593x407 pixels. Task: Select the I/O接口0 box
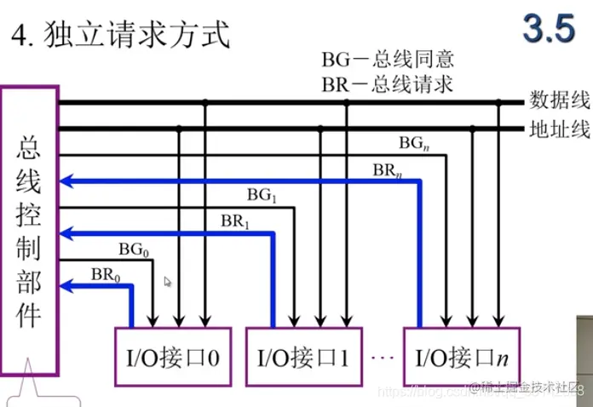point(168,356)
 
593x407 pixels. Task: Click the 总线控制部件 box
point(30,231)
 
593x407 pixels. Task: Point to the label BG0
point(135,249)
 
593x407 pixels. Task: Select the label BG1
point(262,195)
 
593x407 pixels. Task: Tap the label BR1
point(236,221)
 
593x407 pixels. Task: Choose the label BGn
point(413,143)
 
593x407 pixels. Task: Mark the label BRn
point(388,169)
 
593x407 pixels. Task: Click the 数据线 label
point(560,100)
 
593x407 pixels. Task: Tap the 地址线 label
point(560,129)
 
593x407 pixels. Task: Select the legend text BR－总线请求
point(387,83)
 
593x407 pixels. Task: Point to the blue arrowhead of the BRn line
point(67,181)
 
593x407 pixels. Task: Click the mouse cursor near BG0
point(168,281)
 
